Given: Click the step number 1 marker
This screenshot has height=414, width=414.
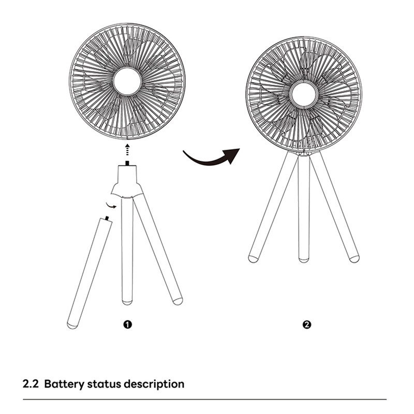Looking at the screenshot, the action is pos(127,324).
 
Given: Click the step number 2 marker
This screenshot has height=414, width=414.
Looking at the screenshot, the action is pos(307,324).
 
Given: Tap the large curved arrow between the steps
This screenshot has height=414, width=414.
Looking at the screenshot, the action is pos(211,158).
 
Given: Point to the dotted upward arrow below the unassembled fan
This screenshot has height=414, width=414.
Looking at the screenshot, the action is pos(127,150).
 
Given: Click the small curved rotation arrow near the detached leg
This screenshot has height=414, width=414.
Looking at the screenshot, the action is pos(111,205).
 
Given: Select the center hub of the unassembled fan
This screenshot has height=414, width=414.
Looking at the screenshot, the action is pos(127,81).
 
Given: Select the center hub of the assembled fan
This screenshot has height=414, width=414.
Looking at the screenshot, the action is pos(303,95).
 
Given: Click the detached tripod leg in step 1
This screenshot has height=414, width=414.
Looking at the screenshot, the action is pos(89,273).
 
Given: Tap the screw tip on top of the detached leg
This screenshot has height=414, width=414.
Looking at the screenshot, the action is pos(107,218).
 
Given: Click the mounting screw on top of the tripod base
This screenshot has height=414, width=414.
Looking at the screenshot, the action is pos(127,164).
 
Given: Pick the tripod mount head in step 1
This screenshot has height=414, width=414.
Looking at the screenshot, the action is pos(127,182).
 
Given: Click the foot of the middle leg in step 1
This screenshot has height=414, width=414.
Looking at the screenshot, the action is pos(127,302).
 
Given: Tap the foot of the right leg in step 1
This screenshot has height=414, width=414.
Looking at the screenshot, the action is pos(178,301).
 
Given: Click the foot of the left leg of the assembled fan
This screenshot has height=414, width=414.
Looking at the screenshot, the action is pos(253,259).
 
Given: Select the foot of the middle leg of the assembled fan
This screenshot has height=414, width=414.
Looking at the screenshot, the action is pos(304,260).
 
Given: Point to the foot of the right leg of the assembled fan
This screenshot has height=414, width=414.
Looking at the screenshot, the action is pos(354,259).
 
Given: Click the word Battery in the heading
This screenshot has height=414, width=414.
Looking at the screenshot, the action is pos(64,384).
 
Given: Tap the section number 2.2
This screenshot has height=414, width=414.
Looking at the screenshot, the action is pos(31,384).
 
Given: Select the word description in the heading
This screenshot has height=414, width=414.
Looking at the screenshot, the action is pos(154,385).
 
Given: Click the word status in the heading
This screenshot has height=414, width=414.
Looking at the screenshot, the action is pos(104,384).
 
